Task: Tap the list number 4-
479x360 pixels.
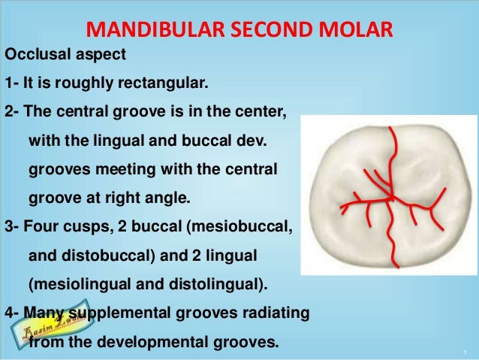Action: click(x=13, y=314)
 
